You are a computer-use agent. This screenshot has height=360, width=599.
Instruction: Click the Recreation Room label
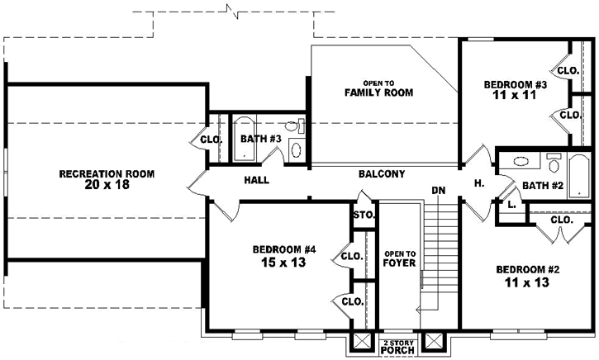(x=106, y=173)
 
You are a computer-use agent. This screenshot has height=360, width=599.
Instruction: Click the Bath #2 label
(x=541, y=187)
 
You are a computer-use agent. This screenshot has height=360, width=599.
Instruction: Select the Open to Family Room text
(x=378, y=88)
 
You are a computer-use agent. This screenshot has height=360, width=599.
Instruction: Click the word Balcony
(x=382, y=174)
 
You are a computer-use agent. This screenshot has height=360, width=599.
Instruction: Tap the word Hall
(x=256, y=180)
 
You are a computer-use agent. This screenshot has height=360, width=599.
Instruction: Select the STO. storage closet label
(x=364, y=216)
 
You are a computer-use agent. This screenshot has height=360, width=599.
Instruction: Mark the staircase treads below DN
(x=439, y=248)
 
